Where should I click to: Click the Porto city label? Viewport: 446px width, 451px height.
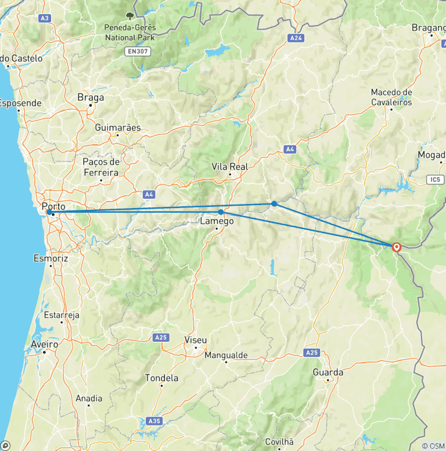[x=53, y=206]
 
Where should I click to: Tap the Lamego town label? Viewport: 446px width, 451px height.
[x=217, y=221]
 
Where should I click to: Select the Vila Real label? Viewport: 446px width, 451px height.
[x=229, y=167]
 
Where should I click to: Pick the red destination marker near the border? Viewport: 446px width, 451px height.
[x=397, y=247]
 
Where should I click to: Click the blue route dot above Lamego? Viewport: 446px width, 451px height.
[x=221, y=212]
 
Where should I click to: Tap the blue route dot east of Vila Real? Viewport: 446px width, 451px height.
[x=274, y=203]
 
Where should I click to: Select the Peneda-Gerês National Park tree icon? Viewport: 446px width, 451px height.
[x=129, y=15]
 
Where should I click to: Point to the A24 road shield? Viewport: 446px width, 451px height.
[x=296, y=38]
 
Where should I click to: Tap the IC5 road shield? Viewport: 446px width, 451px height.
[x=435, y=180]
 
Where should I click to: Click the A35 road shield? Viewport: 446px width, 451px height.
[x=153, y=420]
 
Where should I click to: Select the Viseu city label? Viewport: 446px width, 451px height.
[x=195, y=340]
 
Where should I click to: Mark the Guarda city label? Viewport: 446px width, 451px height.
[x=328, y=373]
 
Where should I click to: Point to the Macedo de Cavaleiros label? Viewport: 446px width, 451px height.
[x=391, y=97]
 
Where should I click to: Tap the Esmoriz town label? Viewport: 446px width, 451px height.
[x=51, y=257]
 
